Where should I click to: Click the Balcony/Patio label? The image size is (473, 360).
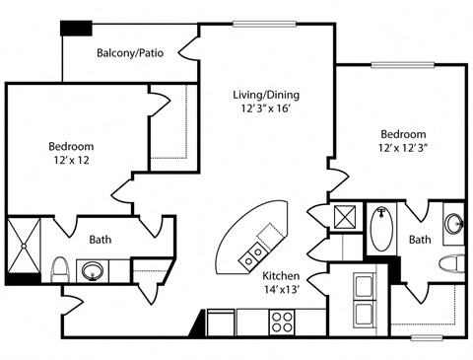point(130,53)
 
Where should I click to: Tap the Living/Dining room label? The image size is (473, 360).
point(266,95)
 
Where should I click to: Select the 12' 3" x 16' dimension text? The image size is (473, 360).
point(266,108)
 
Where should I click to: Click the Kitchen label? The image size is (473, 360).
point(281,275)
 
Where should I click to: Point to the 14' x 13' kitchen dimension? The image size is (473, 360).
point(281,289)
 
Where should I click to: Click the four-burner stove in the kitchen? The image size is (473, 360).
point(282,323)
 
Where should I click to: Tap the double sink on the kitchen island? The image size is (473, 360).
point(253,257)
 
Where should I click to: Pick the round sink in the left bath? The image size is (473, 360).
point(93,271)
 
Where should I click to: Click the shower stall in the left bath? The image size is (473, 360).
point(24,246)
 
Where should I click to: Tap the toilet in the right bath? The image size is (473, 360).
point(452,263)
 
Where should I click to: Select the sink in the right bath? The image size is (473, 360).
point(454,224)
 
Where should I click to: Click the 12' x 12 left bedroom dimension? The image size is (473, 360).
point(72,160)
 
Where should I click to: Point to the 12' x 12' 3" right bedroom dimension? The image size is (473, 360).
point(402,148)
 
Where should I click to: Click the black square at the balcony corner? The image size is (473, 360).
point(76,28)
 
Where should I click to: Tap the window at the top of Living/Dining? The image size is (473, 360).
point(264,24)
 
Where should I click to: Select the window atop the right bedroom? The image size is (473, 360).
point(403,65)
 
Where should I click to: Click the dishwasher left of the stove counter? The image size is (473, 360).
point(221,323)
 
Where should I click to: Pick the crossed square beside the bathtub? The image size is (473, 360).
point(345,217)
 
